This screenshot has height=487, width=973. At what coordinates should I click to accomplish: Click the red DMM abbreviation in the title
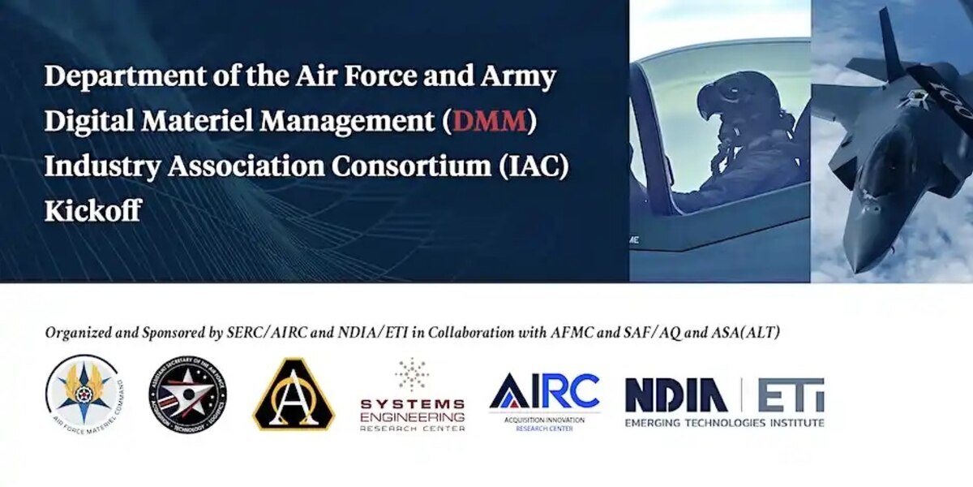pyautogui.click(x=491, y=121)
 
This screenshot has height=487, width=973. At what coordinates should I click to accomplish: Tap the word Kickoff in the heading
pyautogui.click(x=92, y=210)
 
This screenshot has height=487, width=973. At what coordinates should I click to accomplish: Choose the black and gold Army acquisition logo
pyautogui.click(x=294, y=394)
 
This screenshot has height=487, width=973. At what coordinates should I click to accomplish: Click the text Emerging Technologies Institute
pyautogui.click(x=724, y=423)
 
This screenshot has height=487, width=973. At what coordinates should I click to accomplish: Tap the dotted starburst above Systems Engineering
pyautogui.click(x=413, y=374)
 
